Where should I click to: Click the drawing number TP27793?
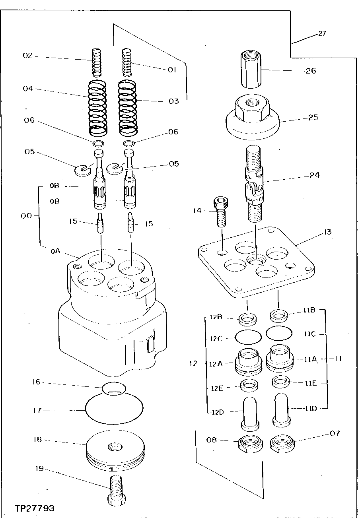point(34,508)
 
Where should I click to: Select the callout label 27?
point(322,33)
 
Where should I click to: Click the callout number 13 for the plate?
point(328,232)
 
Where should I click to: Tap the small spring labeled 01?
point(126,62)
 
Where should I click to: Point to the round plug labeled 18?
point(114,449)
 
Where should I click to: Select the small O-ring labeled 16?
point(114,388)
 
